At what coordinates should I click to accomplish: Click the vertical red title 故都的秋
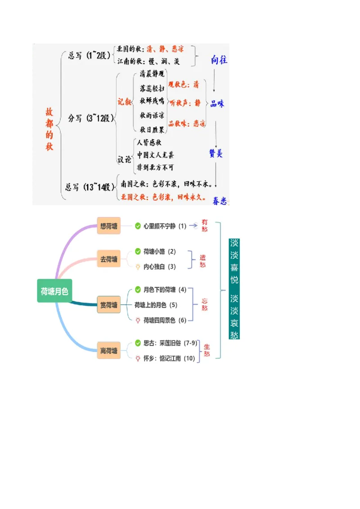[x=49, y=129]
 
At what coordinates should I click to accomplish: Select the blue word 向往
[x=219, y=60]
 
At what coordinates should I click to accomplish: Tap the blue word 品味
[x=217, y=104]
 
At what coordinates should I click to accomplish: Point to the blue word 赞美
[x=216, y=153]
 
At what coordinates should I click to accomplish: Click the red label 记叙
[x=125, y=102]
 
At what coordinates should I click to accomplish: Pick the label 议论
[x=125, y=159]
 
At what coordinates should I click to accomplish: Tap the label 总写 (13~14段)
[x=90, y=187]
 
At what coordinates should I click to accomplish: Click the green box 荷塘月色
[x=54, y=291]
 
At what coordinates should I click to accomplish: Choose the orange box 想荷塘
[x=109, y=226]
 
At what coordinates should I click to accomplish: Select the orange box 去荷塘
[x=109, y=259]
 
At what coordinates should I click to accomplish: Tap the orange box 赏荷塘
[x=109, y=305]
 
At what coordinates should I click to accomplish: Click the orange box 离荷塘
[x=109, y=350]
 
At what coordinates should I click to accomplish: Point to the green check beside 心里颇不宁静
[x=138, y=226]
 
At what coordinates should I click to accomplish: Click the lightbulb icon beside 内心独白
[x=138, y=267]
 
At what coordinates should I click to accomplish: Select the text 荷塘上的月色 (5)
[x=156, y=305]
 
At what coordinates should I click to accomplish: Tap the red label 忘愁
[x=205, y=304]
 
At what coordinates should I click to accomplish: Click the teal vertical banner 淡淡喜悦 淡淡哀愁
[x=234, y=289]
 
